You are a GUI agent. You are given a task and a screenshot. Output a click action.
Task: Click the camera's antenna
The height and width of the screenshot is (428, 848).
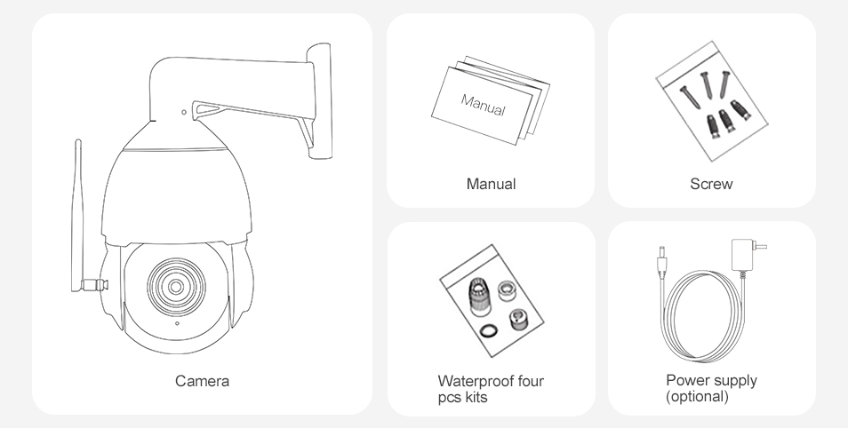[77, 216]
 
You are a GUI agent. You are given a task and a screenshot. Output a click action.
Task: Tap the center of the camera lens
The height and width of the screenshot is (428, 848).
[176, 287]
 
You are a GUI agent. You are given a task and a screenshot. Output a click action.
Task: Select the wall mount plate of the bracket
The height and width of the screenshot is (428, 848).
[319, 101]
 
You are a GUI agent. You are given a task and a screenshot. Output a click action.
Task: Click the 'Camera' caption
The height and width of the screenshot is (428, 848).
[202, 381]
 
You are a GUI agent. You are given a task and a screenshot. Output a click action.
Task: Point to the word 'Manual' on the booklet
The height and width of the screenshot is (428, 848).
[483, 105]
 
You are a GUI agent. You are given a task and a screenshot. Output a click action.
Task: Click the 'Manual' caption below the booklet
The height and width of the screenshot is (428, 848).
[491, 184]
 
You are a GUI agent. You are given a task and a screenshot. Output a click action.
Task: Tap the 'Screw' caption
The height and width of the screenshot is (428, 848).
[711, 184]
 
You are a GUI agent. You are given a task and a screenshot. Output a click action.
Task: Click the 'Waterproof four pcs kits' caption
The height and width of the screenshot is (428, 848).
[491, 389]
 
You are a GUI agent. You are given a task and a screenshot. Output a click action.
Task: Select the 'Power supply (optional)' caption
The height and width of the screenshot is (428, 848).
[711, 388]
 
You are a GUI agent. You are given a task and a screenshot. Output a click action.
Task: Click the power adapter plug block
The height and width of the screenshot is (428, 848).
[743, 255]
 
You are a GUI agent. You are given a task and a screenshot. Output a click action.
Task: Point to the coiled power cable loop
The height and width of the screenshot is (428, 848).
[702, 316]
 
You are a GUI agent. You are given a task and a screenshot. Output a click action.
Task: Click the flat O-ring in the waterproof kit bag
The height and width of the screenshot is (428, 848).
[489, 330]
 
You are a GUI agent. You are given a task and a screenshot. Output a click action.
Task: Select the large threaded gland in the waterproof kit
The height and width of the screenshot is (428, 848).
[478, 297]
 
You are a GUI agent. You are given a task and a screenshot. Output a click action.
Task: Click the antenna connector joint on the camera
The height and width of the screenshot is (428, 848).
[94, 284]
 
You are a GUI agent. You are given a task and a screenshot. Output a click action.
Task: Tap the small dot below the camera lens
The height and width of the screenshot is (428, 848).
[177, 324]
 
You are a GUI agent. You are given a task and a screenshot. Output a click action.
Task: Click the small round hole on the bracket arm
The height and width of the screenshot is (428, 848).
[184, 113]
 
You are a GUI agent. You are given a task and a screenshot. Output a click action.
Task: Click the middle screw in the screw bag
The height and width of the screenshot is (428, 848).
[707, 85]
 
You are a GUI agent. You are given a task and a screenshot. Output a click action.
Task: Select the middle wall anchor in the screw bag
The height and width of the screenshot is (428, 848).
[726, 121]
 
